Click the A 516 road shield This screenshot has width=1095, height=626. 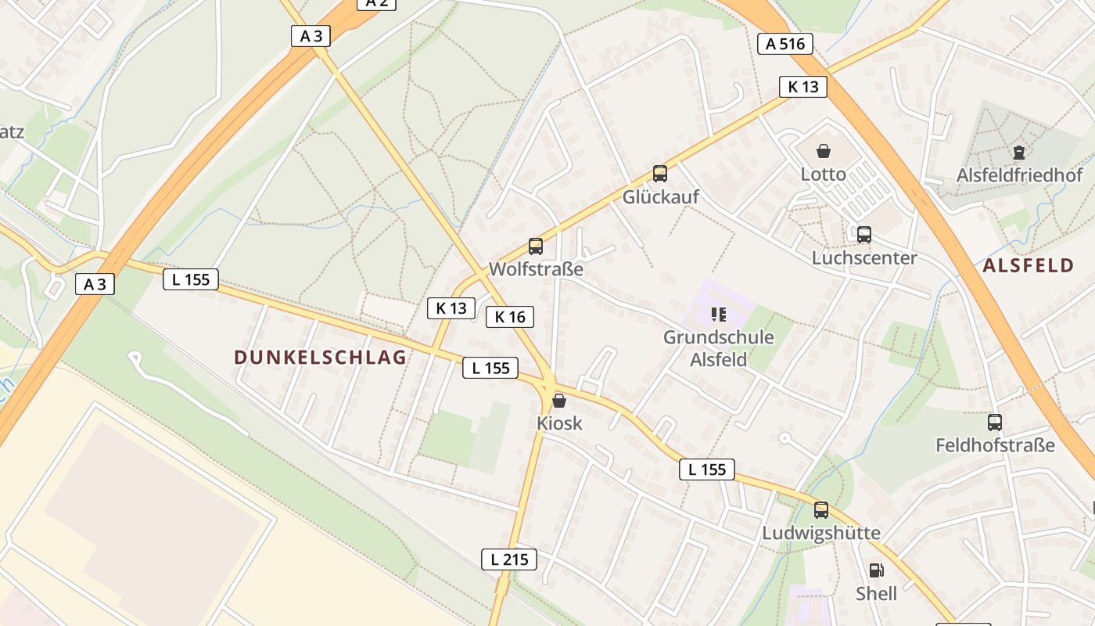point(785,44)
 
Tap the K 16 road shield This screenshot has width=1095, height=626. point(510,316)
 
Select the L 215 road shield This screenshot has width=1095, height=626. point(508,559)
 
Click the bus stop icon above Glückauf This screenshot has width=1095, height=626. point(660,174)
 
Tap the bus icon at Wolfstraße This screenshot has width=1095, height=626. point(536,246)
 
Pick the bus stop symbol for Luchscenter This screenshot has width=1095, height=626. point(863,234)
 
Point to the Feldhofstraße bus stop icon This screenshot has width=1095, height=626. point(995,423)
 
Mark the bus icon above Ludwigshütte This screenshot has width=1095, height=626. point(821,510)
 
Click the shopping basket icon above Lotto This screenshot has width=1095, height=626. point(823,151)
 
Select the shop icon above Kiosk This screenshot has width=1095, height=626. point(559,401)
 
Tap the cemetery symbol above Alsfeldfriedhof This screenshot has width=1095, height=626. point(1019,152)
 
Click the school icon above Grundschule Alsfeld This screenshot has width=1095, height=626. point(718,315)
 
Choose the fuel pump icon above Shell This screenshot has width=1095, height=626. point(876,570)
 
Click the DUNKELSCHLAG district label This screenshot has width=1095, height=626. point(320,358)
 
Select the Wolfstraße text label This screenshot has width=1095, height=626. point(536,269)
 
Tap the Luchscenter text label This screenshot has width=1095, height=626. point(863,257)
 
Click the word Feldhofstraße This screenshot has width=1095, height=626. point(995,445)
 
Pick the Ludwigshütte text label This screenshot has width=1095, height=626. point(821,533)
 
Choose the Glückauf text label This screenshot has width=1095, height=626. point(660,197)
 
